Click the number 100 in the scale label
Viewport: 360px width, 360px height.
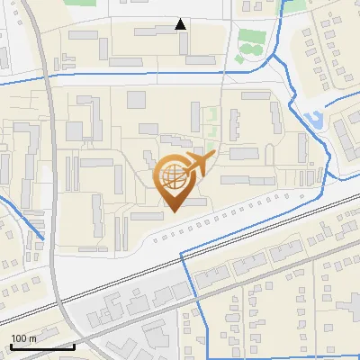pos(20,338)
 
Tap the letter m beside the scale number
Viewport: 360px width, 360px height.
pos(32,338)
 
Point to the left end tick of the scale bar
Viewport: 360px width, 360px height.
pos(11,346)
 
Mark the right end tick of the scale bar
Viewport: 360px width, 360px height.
pos(74,346)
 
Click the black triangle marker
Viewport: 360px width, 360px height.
pos(181,24)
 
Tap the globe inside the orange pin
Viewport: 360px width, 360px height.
pos(172,178)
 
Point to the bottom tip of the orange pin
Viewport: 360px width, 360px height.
pos(172,211)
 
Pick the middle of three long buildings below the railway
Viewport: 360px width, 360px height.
pos(249,265)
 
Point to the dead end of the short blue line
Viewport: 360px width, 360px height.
pos(42,238)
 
